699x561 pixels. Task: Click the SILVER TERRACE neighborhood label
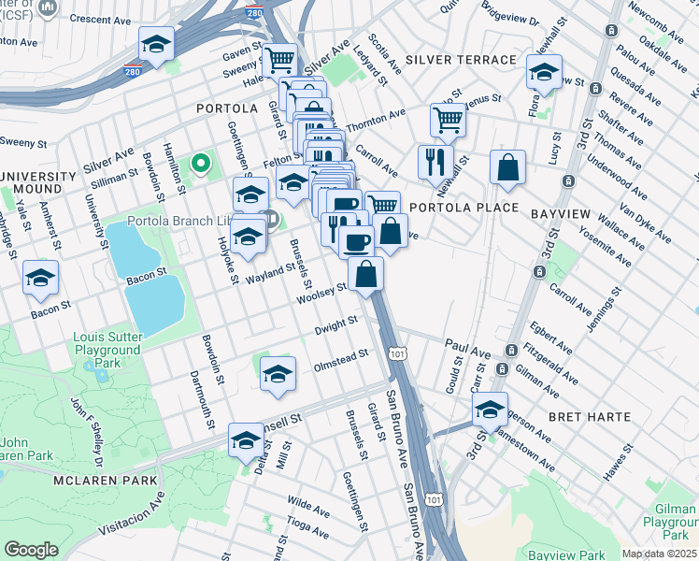(461, 60)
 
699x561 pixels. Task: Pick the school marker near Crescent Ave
(157, 44)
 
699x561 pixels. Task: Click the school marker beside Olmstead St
(278, 374)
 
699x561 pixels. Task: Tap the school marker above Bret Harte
(490, 409)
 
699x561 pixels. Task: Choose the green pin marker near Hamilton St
(199, 165)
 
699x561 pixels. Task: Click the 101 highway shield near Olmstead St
(399, 353)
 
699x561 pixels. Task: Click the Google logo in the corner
(31, 550)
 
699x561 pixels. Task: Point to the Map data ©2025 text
(659, 554)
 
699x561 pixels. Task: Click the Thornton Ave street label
(376, 119)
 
